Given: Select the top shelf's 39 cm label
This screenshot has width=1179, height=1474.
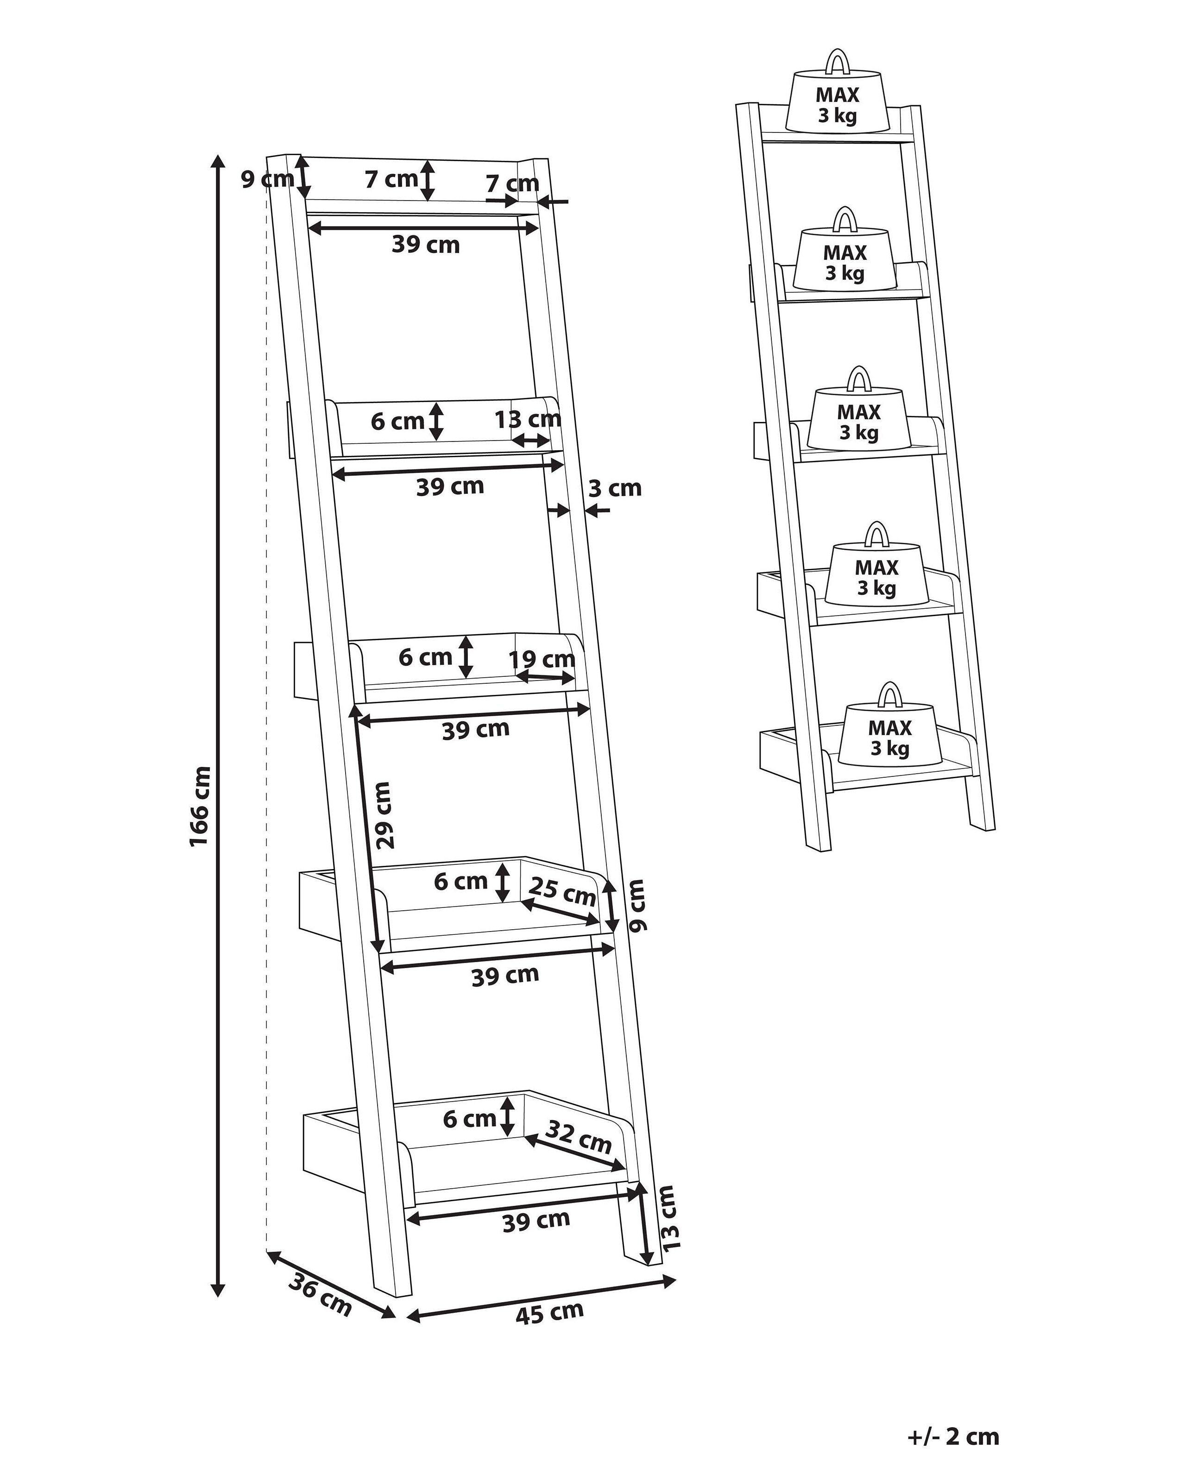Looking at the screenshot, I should (x=425, y=244).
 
